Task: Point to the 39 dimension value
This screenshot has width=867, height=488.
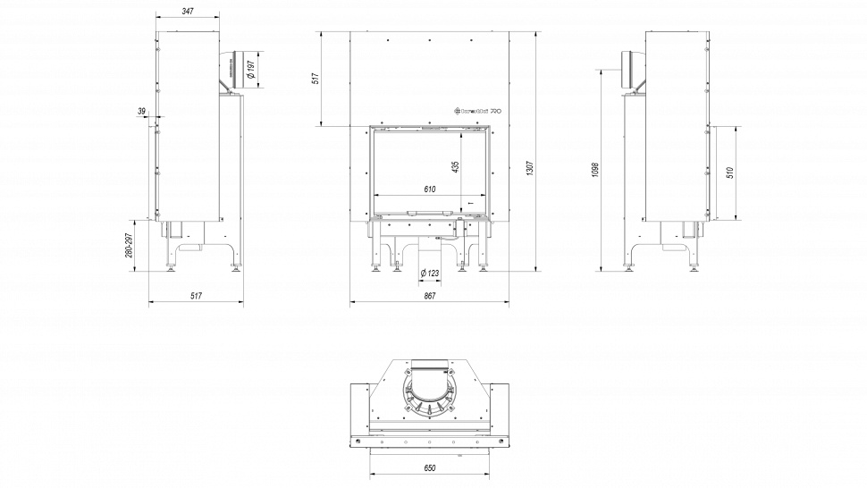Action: [142, 111]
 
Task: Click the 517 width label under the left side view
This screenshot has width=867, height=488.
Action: [198, 296]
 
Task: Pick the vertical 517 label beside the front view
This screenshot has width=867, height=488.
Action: [316, 79]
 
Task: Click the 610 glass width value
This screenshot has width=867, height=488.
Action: [430, 189]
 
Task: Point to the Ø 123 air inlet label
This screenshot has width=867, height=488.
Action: [430, 273]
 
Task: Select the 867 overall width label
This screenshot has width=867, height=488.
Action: [430, 296]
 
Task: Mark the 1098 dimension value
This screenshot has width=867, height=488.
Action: [594, 170]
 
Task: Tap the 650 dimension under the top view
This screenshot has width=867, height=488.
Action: [430, 468]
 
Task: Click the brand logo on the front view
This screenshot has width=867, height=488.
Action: [479, 112]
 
